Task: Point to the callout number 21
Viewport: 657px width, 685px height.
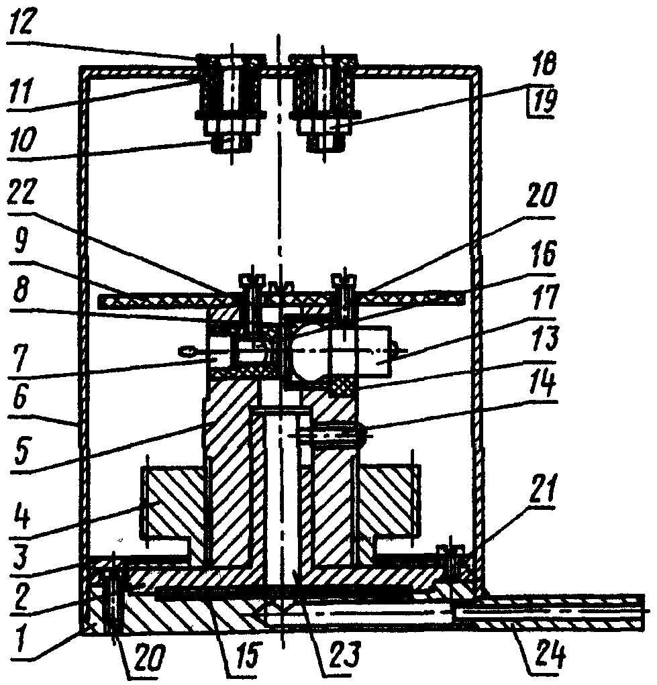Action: click(x=542, y=492)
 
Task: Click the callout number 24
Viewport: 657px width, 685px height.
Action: click(x=551, y=653)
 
